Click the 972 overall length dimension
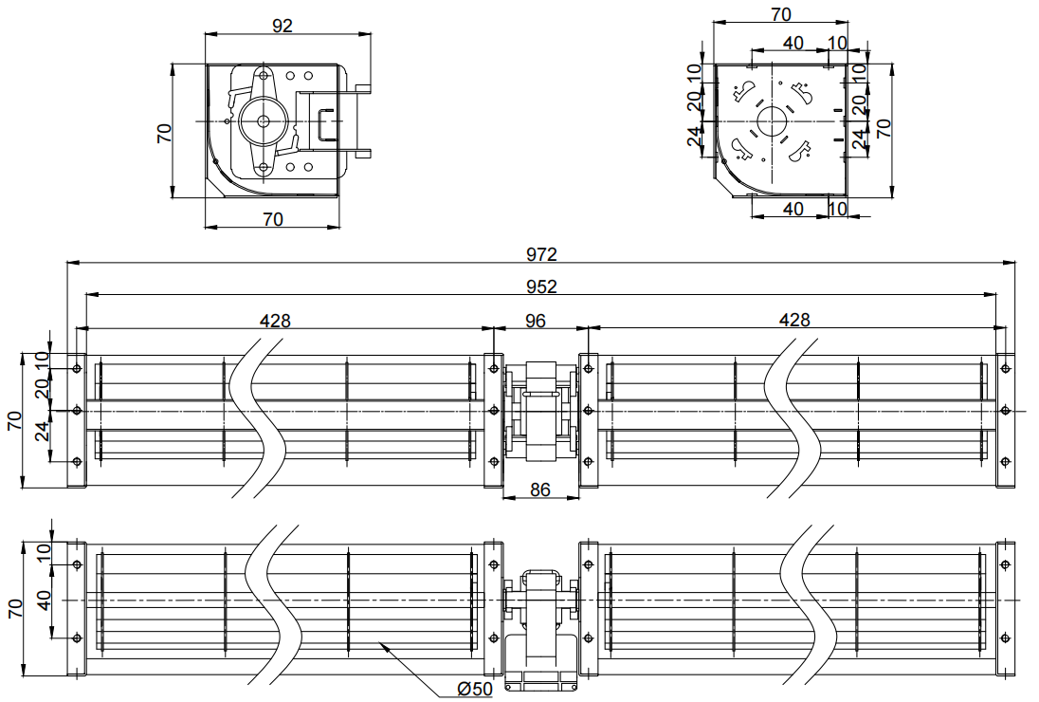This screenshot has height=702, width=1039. point(541,254)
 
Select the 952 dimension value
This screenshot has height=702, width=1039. point(541,286)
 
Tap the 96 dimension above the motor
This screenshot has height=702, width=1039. point(535,321)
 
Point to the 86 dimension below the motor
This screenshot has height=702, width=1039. point(540,490)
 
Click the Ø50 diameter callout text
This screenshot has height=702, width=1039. point(475,689)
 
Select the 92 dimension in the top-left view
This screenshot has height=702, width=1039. point(283,26)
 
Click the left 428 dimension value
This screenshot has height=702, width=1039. point(274,321)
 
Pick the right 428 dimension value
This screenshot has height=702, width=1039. point(794,321)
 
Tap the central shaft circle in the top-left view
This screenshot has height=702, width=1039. point(263,121)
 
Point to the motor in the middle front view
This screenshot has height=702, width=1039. point(540,411)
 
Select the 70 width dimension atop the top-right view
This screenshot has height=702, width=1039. point(781,13)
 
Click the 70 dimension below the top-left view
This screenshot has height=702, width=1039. point(272,219)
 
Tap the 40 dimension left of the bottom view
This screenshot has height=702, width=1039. point(44,600)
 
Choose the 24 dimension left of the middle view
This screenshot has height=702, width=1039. point(43,433)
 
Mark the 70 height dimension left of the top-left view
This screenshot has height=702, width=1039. point(164,133)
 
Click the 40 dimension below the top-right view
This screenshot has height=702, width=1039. point(793,209)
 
